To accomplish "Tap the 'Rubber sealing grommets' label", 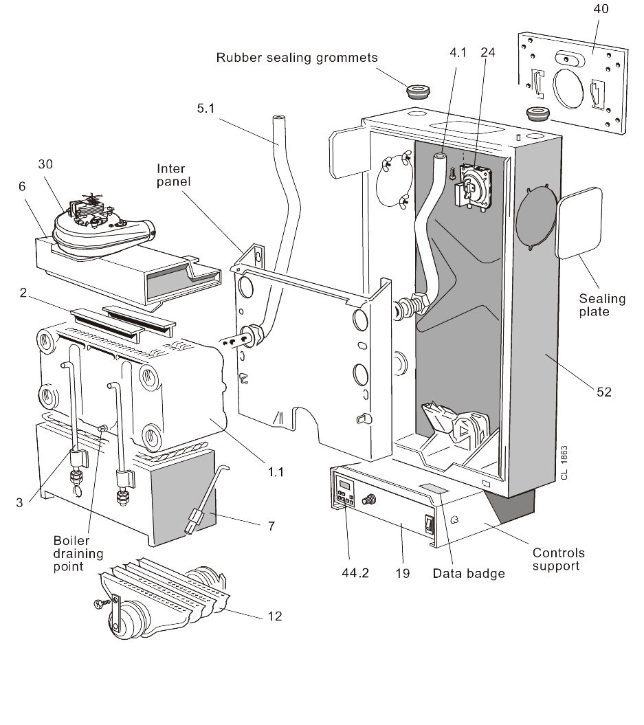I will pyautogui.click(x=297, y=58).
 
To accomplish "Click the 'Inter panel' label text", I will pyautogui.click(x=172, y=176).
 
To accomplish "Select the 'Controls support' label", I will pyautogui.click(x=559, y=559).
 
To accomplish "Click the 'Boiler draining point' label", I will pyautogui.click(x=79, y=553).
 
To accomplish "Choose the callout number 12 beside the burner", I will pyautogui.click(x=275, y=616).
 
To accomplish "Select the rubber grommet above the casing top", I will pyautogui.click(x=416, y=91).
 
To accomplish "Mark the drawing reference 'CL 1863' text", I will pyautogui.click(x=564, y=464).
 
